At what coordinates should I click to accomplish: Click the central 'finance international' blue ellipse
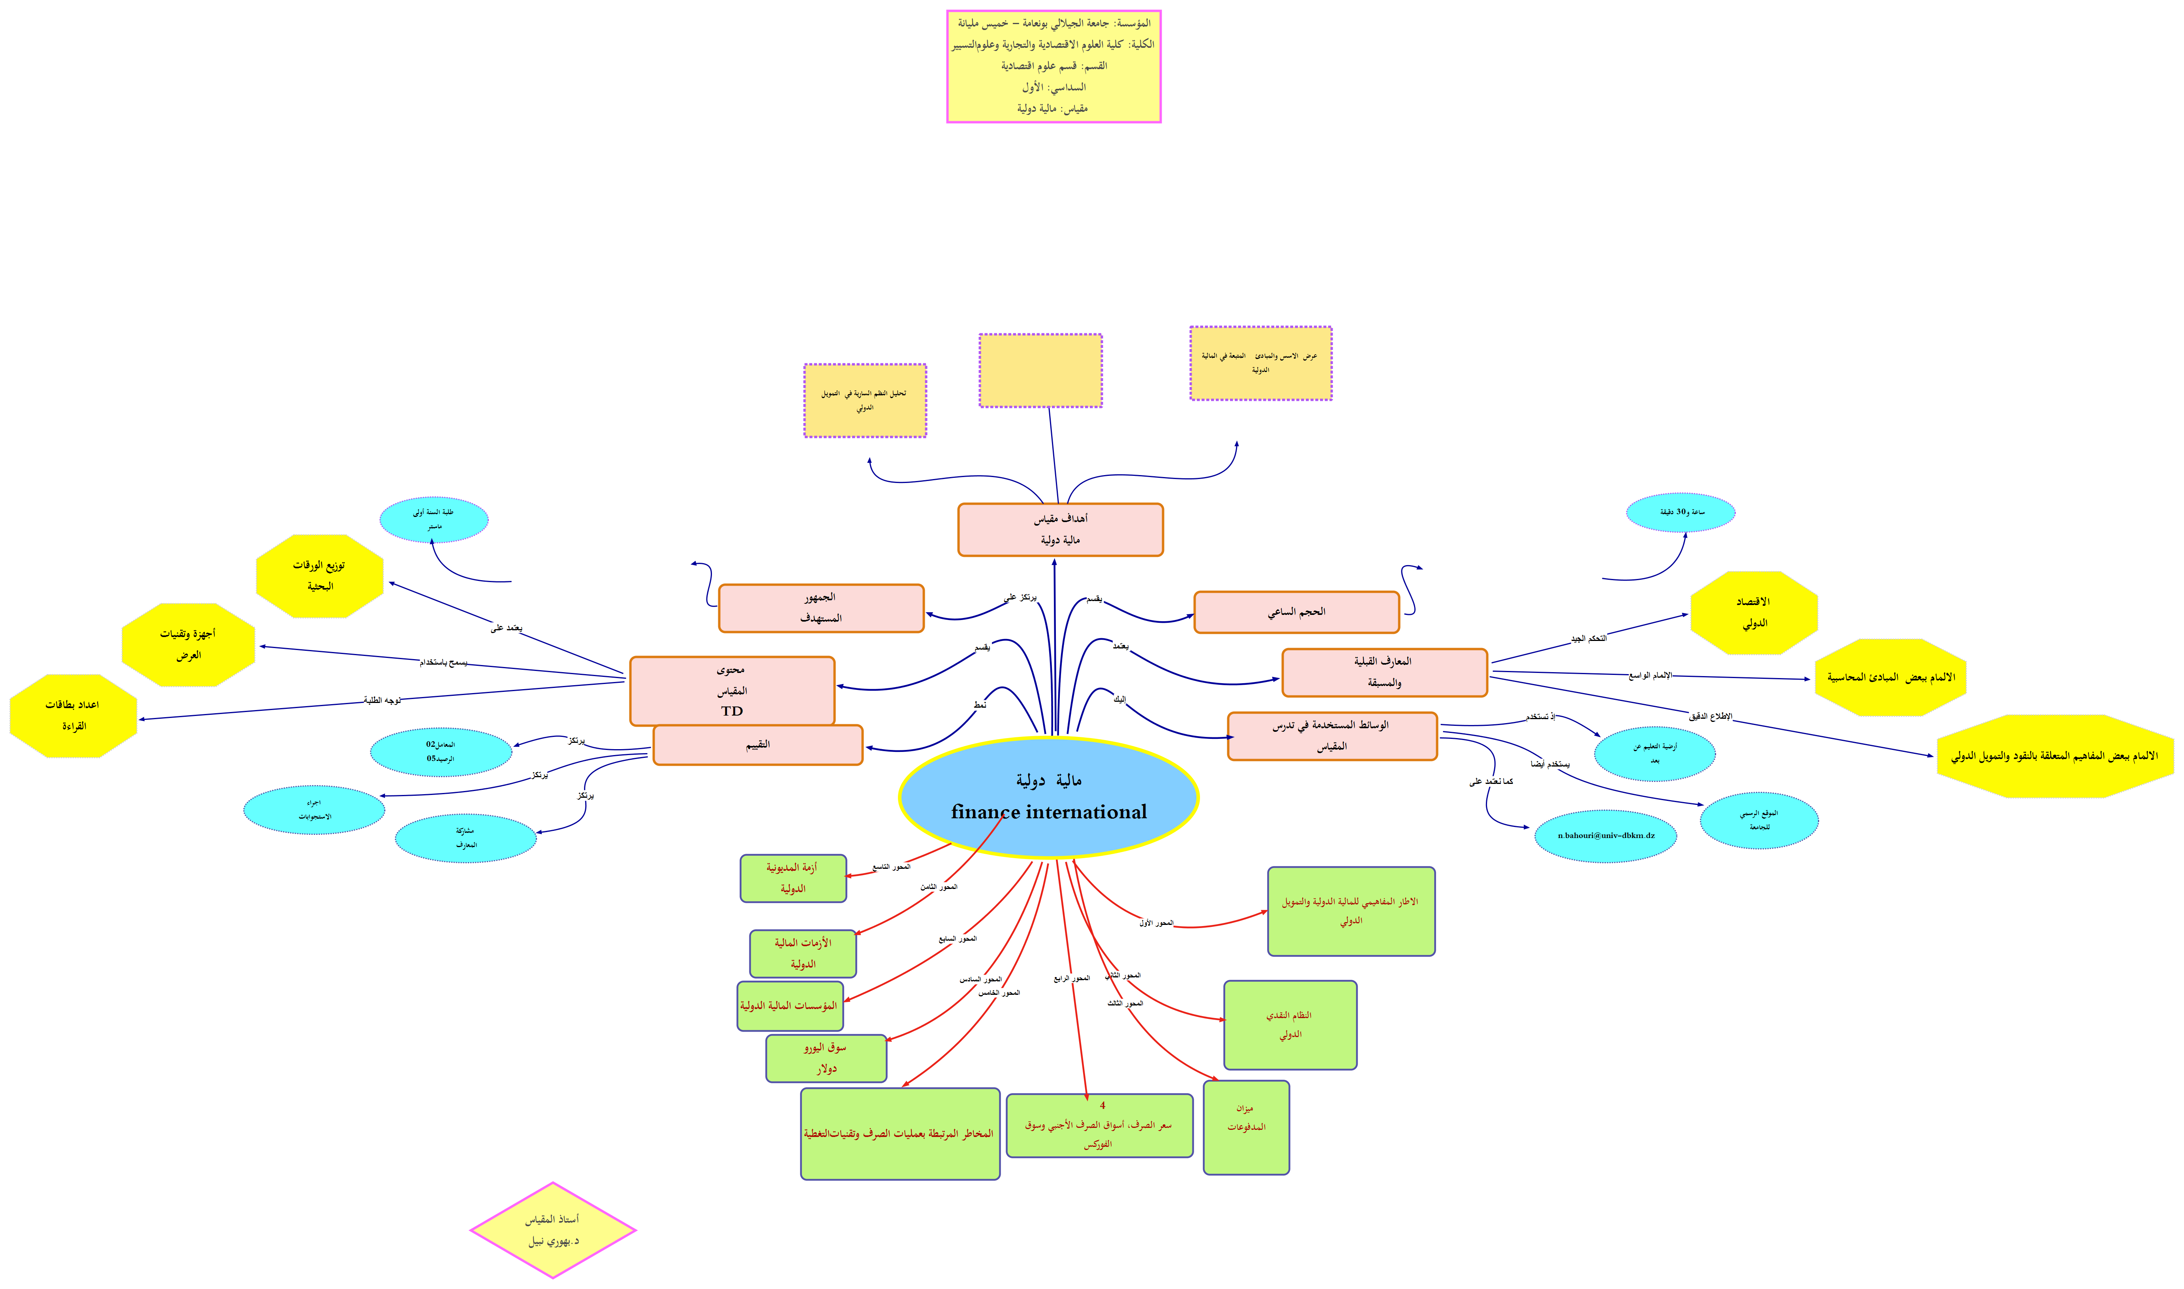point(1048,797)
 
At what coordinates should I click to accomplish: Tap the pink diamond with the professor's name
point(553,1230)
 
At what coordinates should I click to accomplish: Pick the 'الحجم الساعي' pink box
point(1296,613)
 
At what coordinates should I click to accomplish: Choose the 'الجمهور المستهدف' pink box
point(821,608)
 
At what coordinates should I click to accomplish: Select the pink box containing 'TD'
point(732,691)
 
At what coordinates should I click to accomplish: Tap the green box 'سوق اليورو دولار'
point(826,1058)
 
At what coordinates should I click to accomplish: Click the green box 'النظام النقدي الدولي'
point(1290,1025)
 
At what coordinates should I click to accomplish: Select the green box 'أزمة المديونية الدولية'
point(793,878)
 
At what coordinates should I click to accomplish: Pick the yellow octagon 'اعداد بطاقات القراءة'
point(74,716)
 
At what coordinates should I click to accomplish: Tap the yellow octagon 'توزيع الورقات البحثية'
point(319,576)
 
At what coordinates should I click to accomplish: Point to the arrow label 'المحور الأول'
point(1156,923)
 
